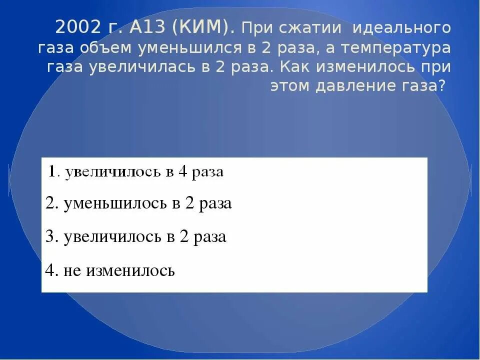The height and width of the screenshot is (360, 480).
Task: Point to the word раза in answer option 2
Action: pos(215,204)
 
